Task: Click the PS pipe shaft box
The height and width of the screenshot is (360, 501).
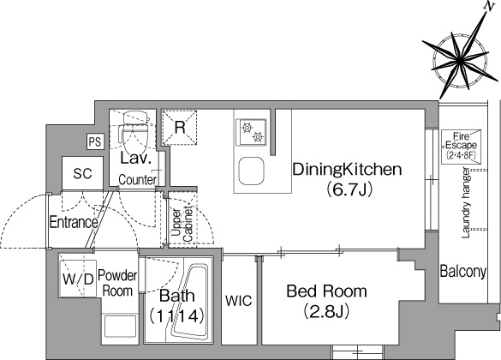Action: click(x=95, y=141)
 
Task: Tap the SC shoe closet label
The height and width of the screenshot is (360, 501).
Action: click(x=82, y=174)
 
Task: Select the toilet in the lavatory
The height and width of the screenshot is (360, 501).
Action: click(x=134, y=132)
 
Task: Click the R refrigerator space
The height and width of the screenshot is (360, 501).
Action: click(x=180, y=127)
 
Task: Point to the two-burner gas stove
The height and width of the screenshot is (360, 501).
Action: click(x=251, y=132)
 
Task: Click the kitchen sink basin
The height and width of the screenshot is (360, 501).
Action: click(x=251, y=171)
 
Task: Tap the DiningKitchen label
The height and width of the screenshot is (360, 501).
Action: click(x=347, y=170)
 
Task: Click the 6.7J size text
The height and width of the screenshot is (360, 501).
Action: click(x=349, y=190)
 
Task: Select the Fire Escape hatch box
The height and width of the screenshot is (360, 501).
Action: click(x=461, y=147)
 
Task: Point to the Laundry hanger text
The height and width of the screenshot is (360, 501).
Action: click(x=466, y=202)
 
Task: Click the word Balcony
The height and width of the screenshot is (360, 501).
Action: click(x=463, y=272)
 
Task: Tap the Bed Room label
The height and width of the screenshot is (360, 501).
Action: click(x=326, y=291)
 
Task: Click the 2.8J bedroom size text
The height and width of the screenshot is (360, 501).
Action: click(x=326, y=311)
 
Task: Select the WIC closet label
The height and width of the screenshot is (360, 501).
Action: click(x=239, y=301)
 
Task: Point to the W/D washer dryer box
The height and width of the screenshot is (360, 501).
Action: click(x=78, y=279)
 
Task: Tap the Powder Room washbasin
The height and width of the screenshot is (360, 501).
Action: click(x=120, y=326)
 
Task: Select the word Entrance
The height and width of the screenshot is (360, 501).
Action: click(x=74, y=222)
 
